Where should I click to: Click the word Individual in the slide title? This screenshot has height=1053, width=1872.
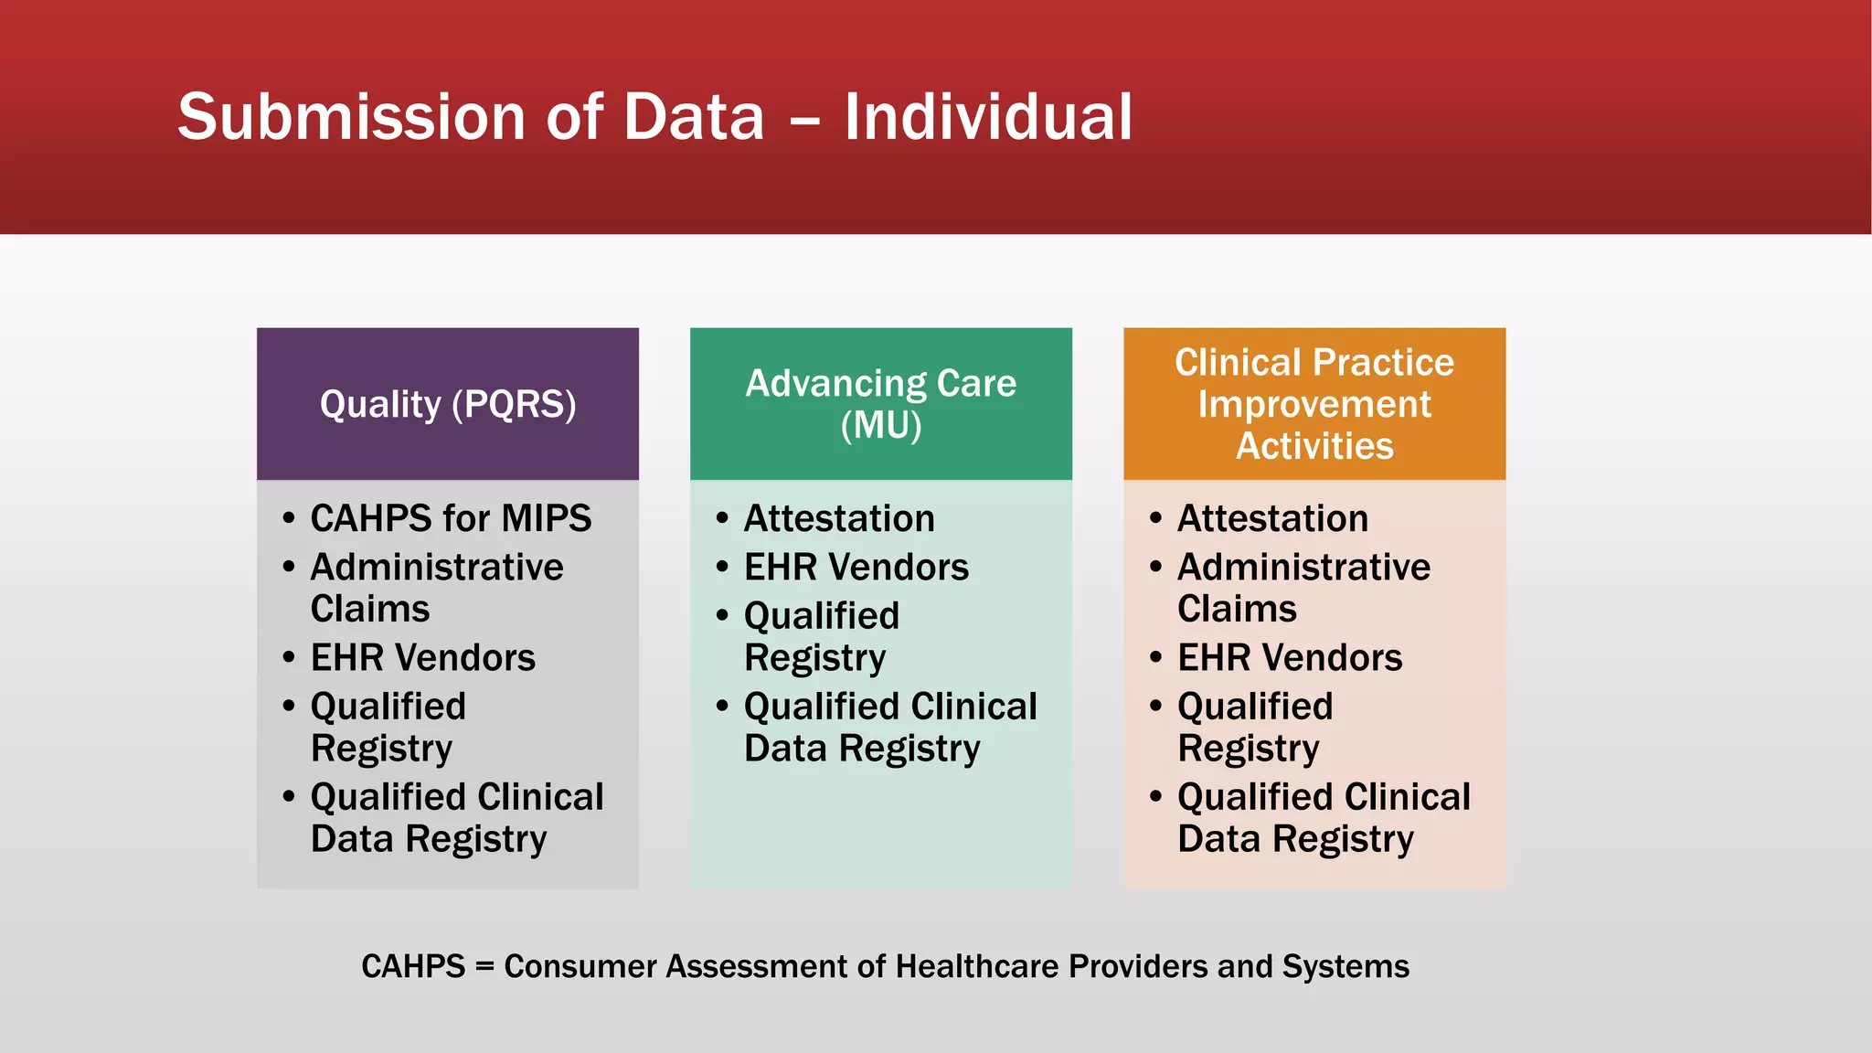[987, 117]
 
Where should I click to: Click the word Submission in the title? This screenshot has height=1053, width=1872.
[351, 117]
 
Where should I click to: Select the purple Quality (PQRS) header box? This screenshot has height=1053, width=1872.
[448, 404]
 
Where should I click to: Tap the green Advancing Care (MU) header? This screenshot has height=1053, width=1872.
[880, 404]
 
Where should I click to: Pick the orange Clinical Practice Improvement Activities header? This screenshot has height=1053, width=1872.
[1314, 404]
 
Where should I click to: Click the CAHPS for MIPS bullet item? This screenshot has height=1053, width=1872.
[451, 518]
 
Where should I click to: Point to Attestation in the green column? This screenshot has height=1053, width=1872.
[839, 518]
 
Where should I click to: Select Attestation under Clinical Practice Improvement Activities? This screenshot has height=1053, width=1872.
[1272, 518]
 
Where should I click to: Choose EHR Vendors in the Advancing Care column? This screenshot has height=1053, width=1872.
[856, 567]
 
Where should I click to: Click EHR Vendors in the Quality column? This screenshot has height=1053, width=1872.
[422, 657]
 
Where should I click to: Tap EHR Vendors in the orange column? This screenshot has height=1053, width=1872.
[1289, 657]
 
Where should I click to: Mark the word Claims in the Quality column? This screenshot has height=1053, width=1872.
[370, 609]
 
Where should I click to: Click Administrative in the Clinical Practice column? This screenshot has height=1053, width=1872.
[1303, 567]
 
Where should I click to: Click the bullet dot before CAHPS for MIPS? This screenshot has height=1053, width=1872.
[289, 518]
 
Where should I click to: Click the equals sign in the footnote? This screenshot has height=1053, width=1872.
[484, 967]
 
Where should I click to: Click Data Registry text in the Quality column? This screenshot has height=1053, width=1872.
[428, 839]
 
